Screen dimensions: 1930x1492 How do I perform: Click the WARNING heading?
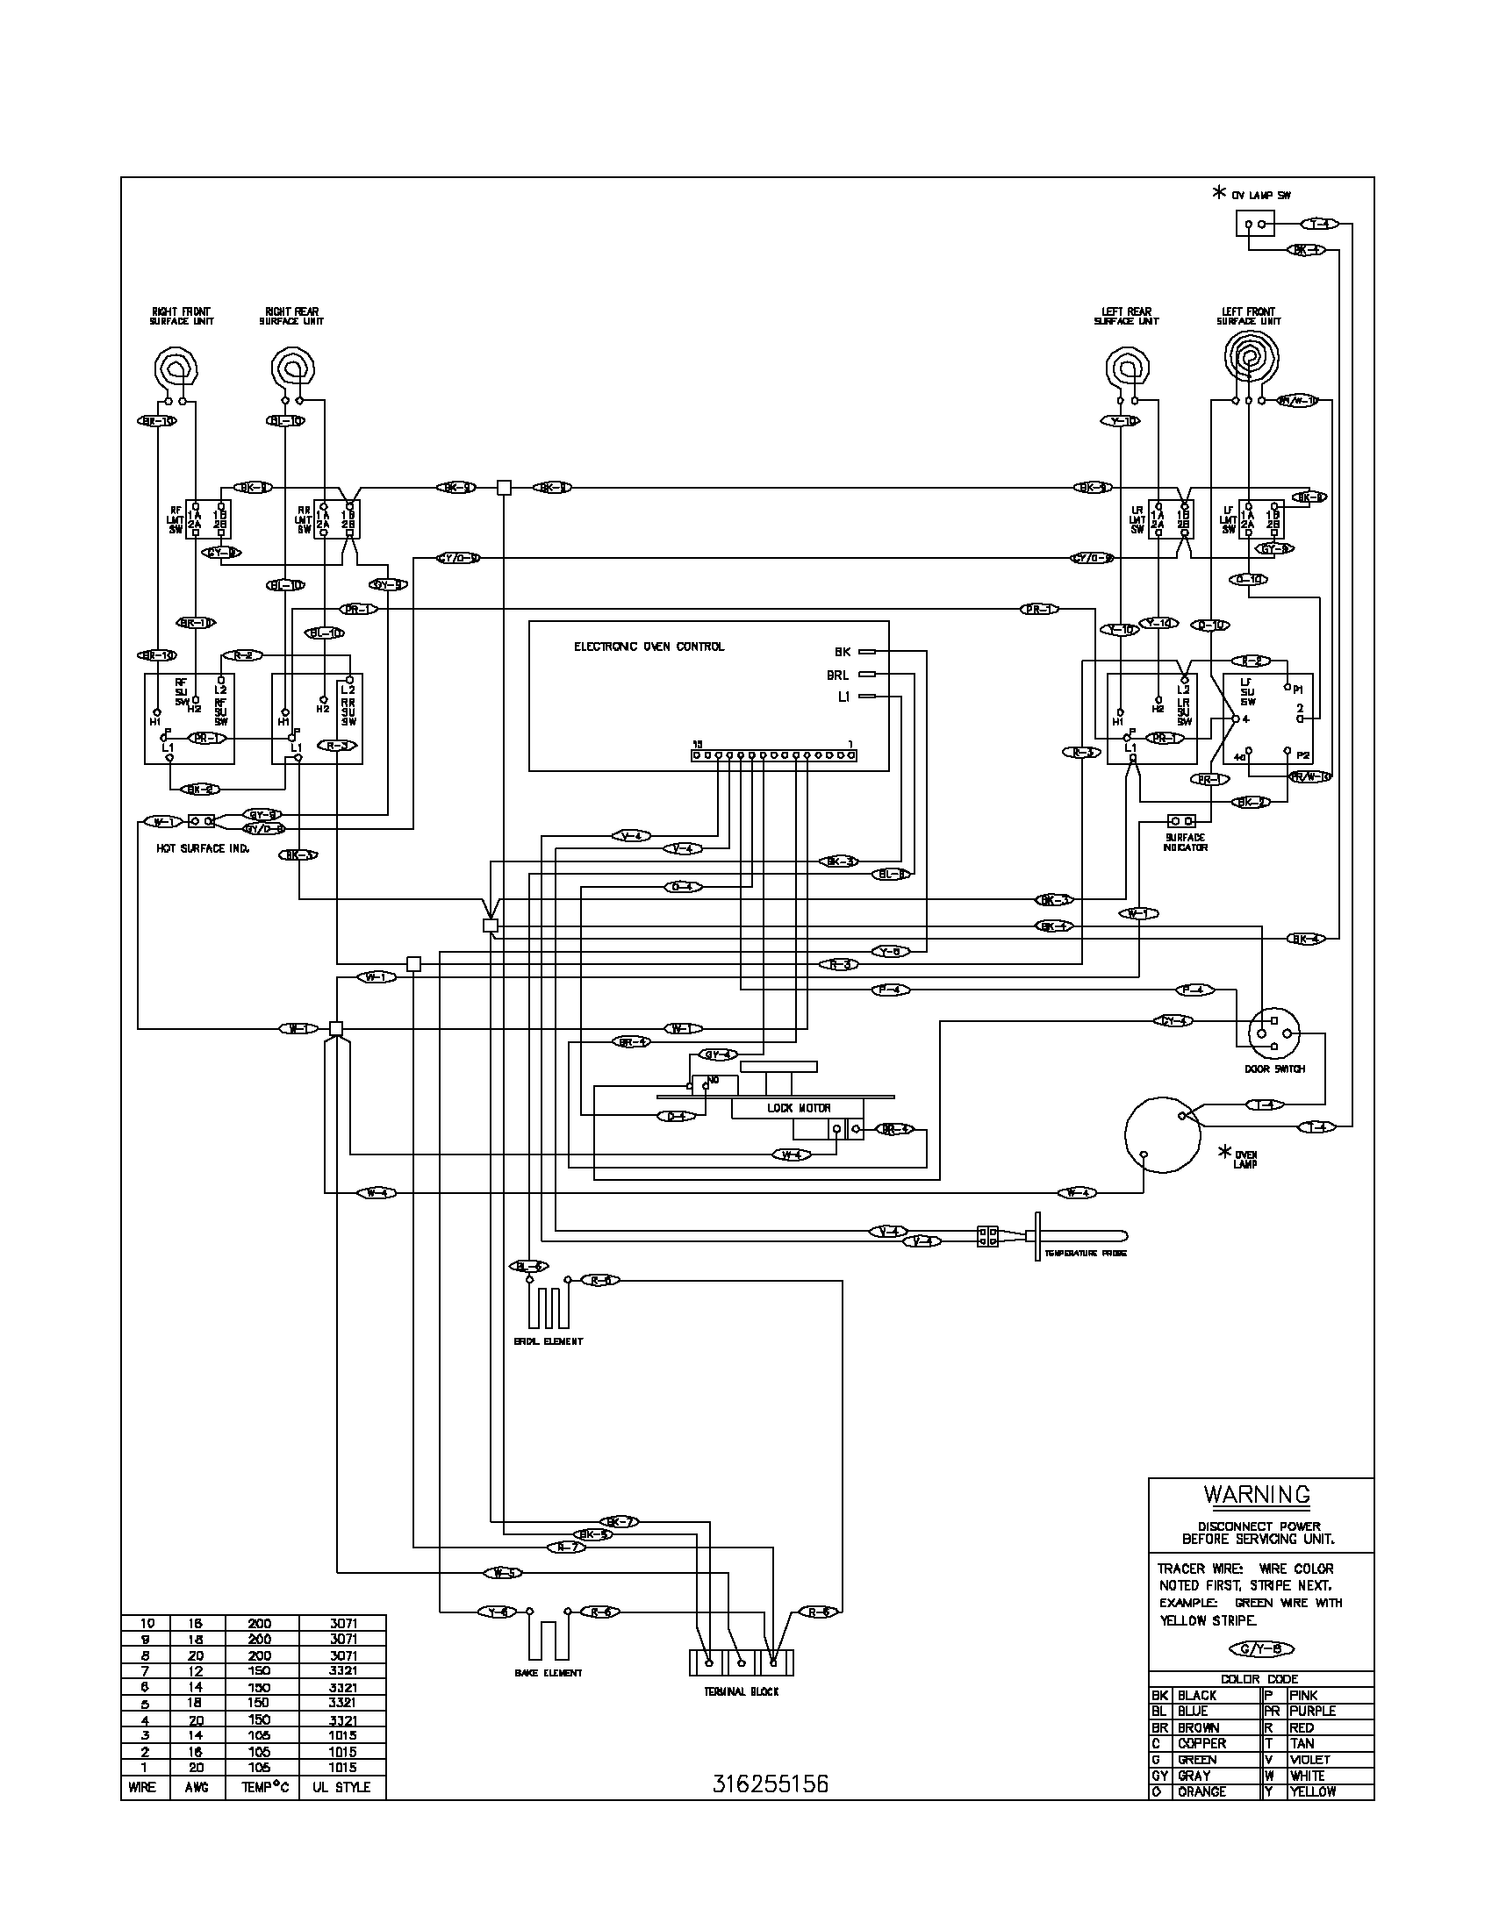[1257, 1495]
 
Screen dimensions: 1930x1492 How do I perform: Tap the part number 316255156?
[770, 1784]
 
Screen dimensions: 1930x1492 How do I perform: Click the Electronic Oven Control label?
[649, 647]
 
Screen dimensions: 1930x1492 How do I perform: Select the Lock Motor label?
[798, 1108]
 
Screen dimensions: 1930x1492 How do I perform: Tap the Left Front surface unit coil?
[1250, 355]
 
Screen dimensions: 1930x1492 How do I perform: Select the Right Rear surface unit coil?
[291, 365]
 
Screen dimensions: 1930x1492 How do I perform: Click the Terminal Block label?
[741, 1691]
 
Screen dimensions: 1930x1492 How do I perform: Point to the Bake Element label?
[548, 1673]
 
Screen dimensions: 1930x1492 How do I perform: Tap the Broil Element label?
[548, 1341]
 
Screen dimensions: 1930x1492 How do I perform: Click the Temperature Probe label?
[1086, 1254]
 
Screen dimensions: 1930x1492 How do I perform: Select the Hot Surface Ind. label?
[204, 848]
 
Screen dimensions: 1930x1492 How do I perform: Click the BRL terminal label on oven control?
[837, 675]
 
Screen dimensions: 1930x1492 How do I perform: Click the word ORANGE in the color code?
[1201, 1792]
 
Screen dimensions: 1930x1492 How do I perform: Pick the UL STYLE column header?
[341, 1787]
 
